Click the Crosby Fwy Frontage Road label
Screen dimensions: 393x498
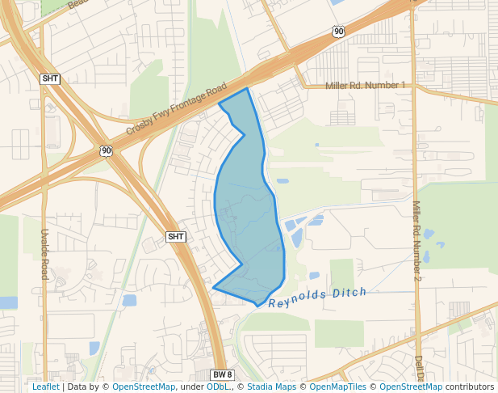pos(176,112)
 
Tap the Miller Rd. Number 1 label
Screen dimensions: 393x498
pos(365,86)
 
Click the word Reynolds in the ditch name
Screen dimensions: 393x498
pos(298,299)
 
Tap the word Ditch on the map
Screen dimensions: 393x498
pos(349,293)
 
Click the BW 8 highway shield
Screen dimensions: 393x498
pos(222,374)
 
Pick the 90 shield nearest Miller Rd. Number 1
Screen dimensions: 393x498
pos(338,32)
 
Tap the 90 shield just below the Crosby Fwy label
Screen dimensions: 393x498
pos(107,150)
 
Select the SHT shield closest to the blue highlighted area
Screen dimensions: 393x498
pos(176,237)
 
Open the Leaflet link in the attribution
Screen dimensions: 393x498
pos(45,387)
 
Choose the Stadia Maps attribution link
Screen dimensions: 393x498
pos(271,387)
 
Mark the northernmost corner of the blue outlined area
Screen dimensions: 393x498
pos(246,88)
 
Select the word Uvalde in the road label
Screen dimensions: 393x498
pos(44,241)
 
